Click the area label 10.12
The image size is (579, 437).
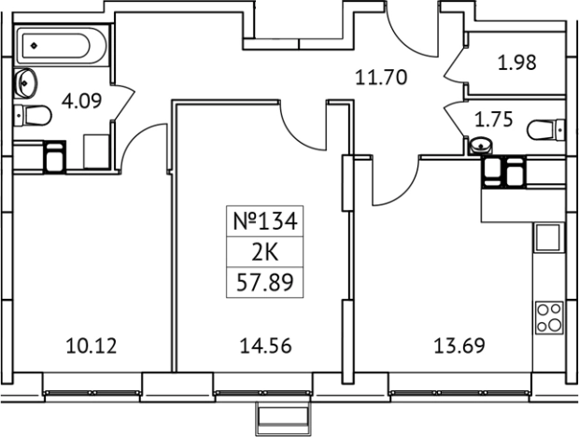tap(92, 346)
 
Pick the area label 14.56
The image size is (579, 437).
tap(265, 346)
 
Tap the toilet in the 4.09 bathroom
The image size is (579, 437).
tap(33, 117)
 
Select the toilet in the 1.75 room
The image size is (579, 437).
tap(547, 129)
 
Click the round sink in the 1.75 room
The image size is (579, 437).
tap(480, 146)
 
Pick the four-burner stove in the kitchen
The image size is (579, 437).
tap(550, 318)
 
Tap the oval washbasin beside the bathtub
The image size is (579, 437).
tap(25, 82)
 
